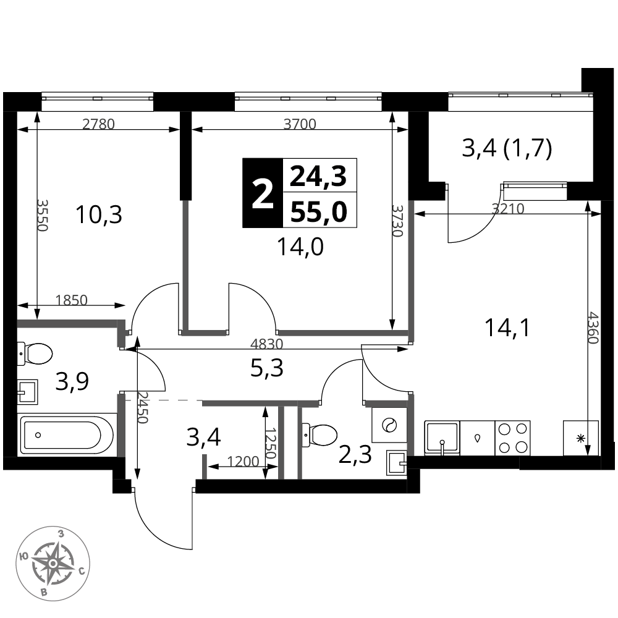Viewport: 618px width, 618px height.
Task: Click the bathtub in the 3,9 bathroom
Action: [x=67, y=434]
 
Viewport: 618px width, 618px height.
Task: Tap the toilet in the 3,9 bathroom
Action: [x=35, y=353]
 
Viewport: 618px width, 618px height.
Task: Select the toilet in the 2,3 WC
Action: [x=320, y=434]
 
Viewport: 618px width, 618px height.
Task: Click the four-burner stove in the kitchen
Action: [x=512, y=438]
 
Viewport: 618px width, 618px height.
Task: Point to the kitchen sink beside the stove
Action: [x=442, y=438]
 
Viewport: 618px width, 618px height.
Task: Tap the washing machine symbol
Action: [x=389, y=425]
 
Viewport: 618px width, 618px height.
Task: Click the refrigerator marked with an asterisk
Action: [x=580, y=438]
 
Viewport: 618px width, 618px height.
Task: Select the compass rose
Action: [x=53, y=563]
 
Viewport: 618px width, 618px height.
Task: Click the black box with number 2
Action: [x=263, y=193]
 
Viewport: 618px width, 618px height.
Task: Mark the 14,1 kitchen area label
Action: [x=509, y=328]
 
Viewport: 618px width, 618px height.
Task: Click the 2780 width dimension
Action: [x=98, y=125]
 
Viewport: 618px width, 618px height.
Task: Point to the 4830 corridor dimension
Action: [x=267, y=344]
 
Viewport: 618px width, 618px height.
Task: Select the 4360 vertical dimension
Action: [x=593, y=328]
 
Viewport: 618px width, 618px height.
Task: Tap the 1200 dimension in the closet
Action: [x=243, y=461]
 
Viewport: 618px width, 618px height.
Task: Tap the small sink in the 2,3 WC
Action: [x=396, y=461]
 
